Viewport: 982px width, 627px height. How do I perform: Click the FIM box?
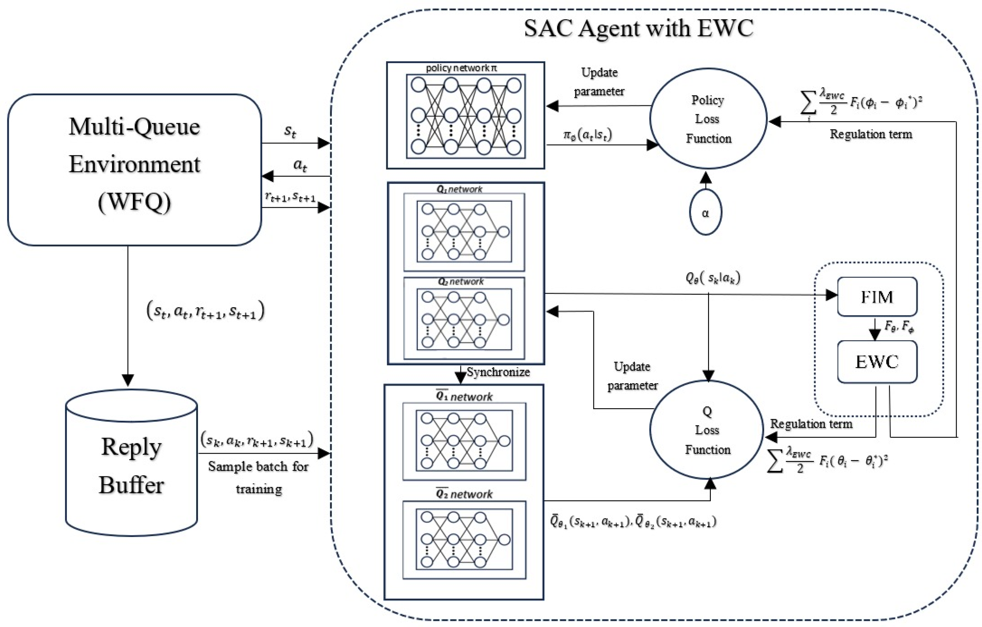point(877,297)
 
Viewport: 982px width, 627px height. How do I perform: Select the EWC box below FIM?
point(877,362)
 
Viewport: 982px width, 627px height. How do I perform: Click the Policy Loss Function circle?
point(708,119)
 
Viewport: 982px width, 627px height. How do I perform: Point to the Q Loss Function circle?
point(707,430)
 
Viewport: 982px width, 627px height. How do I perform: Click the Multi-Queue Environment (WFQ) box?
point(134,170)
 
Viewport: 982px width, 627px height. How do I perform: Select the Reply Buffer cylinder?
point(131,465)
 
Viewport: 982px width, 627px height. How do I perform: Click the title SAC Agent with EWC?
point(638,29)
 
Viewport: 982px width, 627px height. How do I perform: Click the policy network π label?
point(461,68)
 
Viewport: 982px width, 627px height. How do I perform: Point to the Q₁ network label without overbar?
point(460,189)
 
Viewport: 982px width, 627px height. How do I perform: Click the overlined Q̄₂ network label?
point(464,494)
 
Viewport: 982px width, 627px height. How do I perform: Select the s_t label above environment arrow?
point(290,131)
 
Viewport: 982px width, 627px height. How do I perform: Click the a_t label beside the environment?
point(300,165)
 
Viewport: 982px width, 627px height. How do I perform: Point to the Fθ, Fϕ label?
point(899,326)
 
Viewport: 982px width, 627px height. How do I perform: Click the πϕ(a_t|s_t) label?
point(588,135)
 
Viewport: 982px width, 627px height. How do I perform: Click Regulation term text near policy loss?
point(871,134)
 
